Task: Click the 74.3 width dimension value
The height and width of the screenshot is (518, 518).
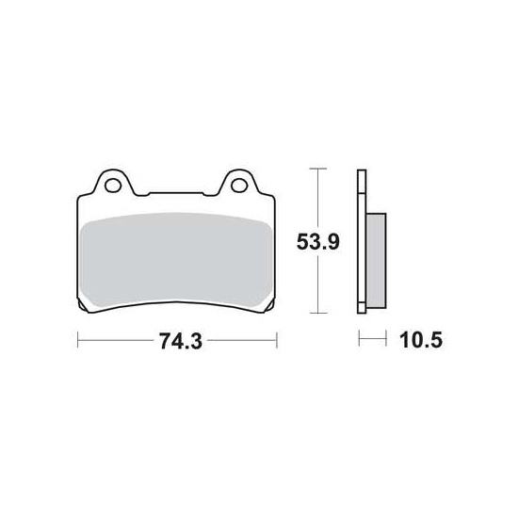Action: coord(181,341)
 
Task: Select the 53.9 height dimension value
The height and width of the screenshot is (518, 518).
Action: coord(317,241)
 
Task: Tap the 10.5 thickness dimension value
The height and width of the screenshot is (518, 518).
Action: coord(421,340)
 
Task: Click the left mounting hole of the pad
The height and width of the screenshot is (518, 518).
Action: coord(113,185)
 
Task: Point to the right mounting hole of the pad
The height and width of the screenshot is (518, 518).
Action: coord(239,185)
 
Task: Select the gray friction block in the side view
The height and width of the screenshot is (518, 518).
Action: coord(376,261)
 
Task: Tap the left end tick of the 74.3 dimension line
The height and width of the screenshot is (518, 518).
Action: coord(77,340)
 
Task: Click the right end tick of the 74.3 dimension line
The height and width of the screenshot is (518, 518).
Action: coord(277,340)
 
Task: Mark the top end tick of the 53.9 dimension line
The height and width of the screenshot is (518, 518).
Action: coord(317,169)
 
